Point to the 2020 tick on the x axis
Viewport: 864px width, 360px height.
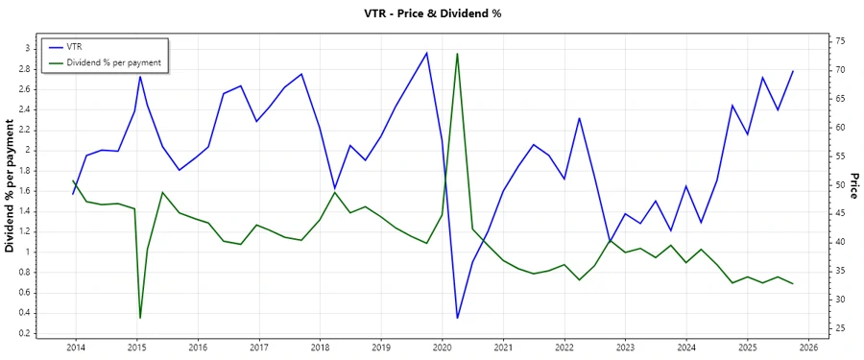click(442, 347)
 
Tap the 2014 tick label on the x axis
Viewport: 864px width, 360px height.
click(75, 347)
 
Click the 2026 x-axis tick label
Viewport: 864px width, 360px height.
click(808, 347)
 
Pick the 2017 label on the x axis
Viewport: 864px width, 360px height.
click(258, 347)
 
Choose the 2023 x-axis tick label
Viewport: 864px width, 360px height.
click(625, 347)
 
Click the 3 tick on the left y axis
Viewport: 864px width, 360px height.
click(29, 48)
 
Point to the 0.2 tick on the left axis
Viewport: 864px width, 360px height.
click(25, 333)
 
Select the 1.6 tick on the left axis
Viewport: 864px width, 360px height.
click(25, 191)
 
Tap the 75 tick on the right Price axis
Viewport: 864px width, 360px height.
click(839, 42)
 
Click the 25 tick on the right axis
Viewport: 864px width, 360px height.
click(839, 328)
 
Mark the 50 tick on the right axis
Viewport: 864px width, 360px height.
click(839, 185)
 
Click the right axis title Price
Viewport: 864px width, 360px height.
click(854, 186)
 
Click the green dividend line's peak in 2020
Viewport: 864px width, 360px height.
click(457, 53)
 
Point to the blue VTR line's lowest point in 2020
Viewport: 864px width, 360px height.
click(457, 318)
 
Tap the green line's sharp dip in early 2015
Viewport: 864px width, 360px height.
click(140, 318)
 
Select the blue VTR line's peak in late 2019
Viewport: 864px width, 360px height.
click(426, 53)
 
